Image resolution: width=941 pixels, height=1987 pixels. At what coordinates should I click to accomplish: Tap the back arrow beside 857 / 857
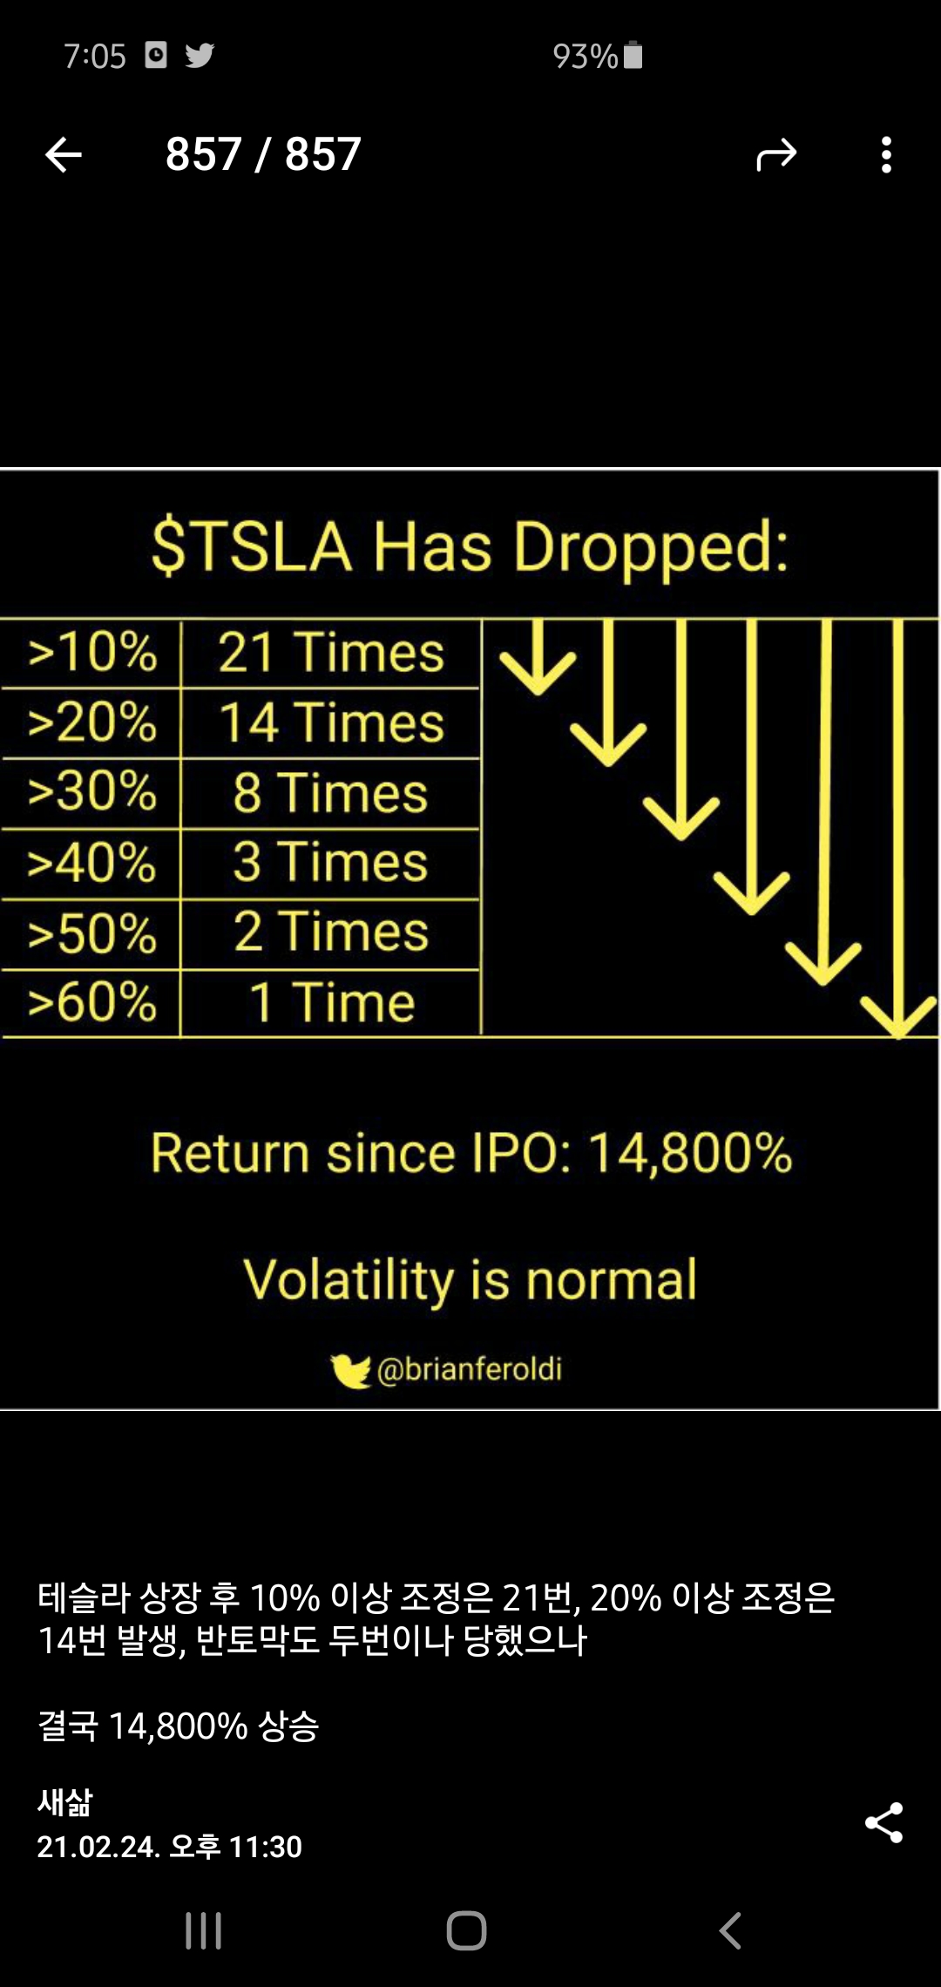(x=63, y=155)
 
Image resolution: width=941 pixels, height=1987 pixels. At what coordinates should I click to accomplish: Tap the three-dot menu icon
(x=886, y=155)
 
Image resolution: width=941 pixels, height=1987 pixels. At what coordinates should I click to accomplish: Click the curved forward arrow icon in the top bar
(x=776, y=155)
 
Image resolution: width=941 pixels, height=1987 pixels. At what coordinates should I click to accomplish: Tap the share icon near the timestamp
(x=883, y=1822)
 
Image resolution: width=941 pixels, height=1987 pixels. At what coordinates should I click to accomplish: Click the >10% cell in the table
(x=92, y=652)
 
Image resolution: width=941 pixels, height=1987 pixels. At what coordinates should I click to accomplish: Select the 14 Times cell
(x=331, y=722)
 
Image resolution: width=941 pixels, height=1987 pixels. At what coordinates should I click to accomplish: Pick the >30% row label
(x=92, y=791)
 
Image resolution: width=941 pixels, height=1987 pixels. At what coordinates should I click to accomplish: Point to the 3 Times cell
(x=330, y=861)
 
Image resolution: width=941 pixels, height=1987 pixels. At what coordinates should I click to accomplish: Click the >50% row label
(x=92, y=932)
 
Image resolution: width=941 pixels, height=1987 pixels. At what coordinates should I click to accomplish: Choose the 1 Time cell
(x=331, y=1002)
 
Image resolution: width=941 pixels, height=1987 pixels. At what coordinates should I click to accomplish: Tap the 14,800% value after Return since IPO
(x=690, y=1153)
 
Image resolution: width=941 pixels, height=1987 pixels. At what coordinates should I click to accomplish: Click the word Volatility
(x=349, y=1280)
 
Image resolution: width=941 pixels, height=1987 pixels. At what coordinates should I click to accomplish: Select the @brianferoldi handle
(x=470, y=1369)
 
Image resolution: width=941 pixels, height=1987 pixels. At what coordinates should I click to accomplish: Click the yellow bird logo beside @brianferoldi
(x=351, y=1371)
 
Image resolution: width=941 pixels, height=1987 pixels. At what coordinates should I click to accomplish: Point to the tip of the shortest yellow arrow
(x=538, y=693)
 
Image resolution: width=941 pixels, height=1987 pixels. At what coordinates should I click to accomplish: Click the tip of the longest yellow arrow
(x=898, y=1035)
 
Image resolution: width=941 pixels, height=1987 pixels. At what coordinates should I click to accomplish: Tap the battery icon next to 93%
(x=633, y=55)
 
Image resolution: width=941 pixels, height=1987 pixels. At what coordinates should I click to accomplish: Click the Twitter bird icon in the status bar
(x=200, y=56)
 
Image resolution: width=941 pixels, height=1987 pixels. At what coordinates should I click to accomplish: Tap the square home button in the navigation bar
(x=466, y=1930)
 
